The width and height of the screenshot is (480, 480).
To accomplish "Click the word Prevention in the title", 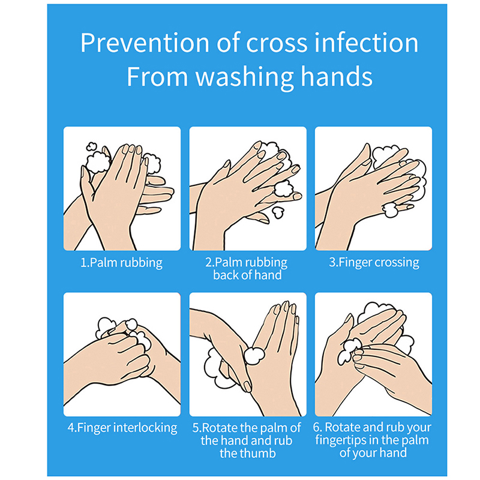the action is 145,43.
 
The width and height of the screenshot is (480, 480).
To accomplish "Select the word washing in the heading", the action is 245,77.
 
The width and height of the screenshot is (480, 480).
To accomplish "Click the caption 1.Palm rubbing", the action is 122,263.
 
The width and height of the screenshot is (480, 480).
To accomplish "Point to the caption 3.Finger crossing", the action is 374,263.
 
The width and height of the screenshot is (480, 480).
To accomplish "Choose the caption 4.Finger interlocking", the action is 122,428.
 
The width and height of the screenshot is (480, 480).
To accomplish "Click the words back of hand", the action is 247,275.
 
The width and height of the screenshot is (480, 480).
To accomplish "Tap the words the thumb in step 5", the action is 248,454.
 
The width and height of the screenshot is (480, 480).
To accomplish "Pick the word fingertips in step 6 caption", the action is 339,440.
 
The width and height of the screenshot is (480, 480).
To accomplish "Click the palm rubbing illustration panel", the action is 122,188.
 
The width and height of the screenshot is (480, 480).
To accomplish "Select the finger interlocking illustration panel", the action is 122,354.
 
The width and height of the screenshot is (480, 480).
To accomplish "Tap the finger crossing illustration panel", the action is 373,188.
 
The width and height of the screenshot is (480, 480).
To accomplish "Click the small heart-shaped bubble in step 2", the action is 278,212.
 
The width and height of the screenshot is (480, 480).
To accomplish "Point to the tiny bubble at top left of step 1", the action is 91,146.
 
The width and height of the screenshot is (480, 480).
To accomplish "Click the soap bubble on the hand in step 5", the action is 254,356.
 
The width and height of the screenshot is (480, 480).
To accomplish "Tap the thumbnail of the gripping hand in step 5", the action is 247,386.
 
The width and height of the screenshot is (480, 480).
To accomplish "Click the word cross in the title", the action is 277,43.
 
